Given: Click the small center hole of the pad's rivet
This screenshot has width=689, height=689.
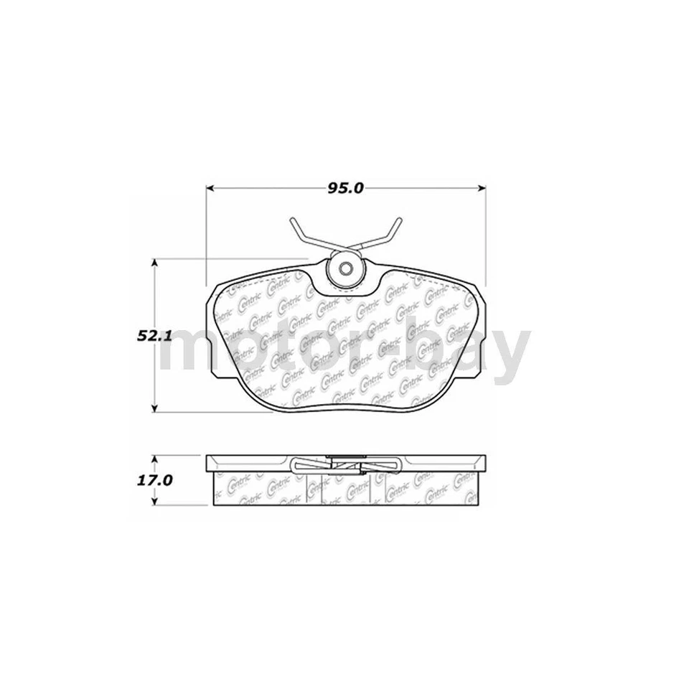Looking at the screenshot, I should click(x=346, y=271).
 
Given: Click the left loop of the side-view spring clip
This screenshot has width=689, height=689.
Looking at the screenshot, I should click(x=301, y=465).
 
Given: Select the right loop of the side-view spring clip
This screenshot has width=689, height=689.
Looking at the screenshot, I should click(x=391, y=465).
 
